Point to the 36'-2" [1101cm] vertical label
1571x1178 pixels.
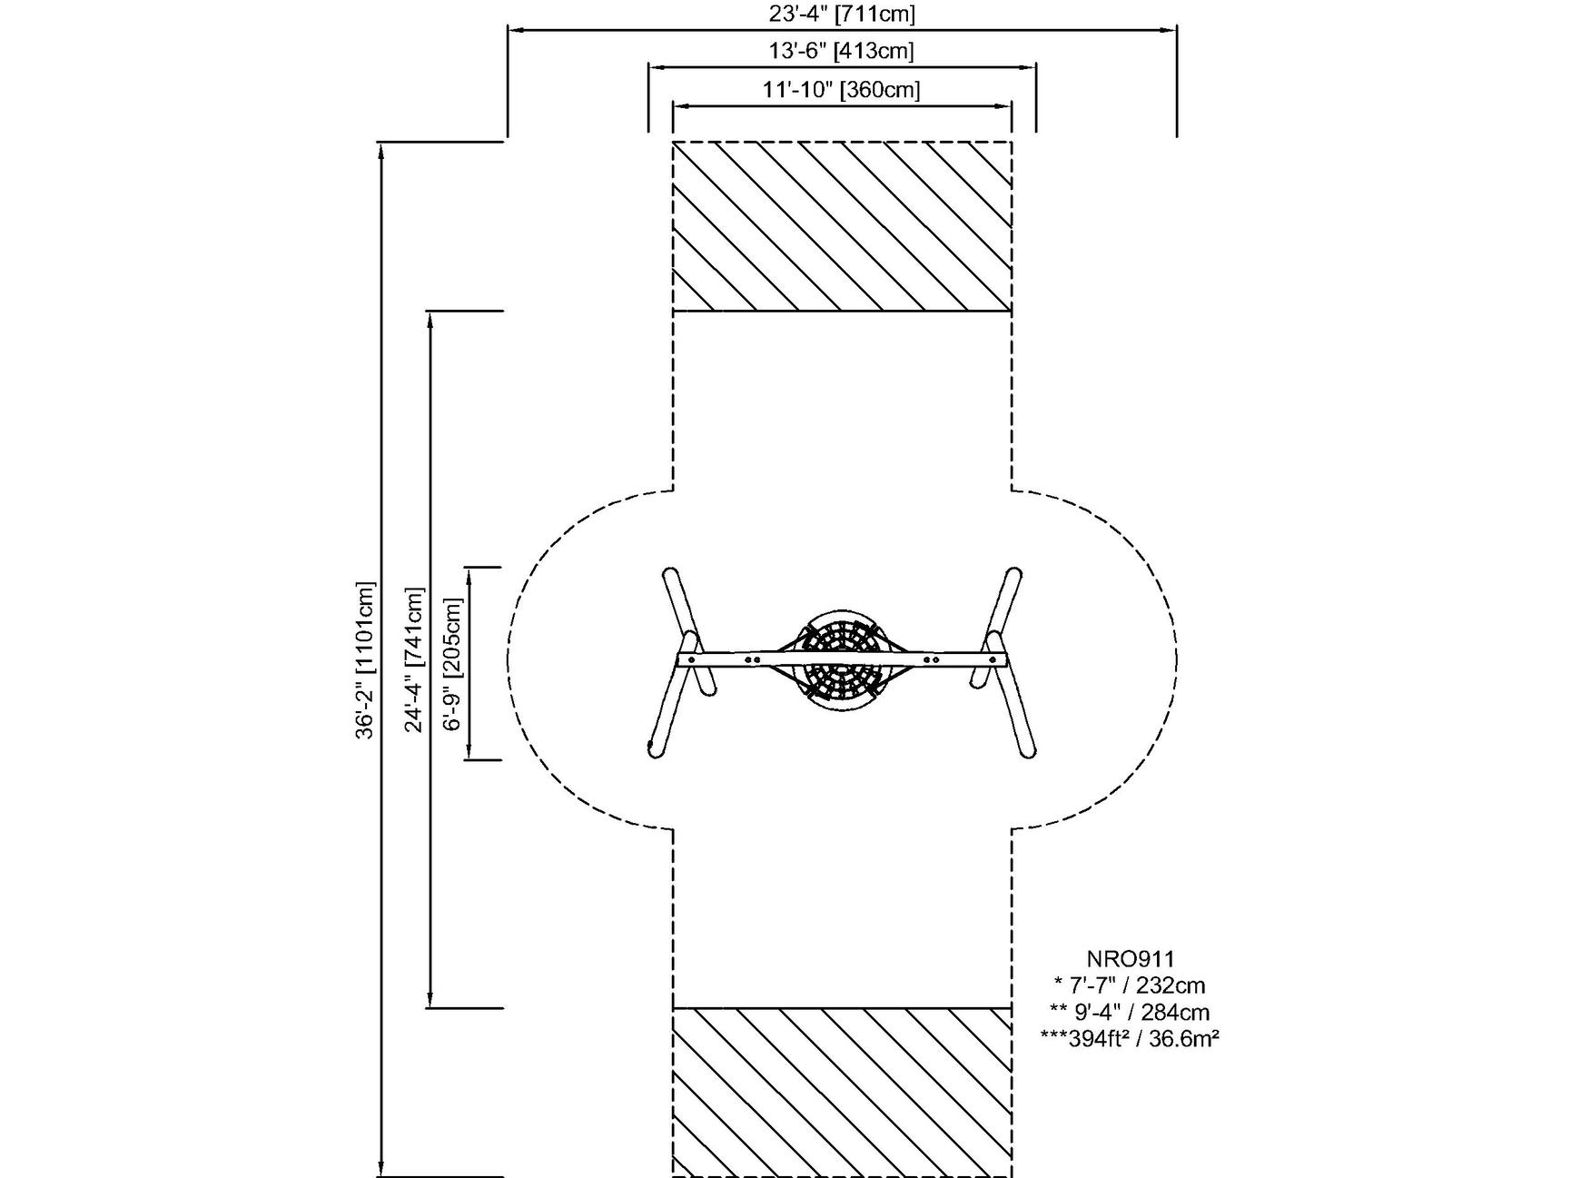tap(365, 659)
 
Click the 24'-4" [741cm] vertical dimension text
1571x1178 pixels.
tap(415, 659)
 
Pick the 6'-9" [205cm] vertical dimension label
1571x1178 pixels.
tap(453, 663)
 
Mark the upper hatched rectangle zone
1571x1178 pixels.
tap(842, 226)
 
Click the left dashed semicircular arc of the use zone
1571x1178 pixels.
tap(510, 660)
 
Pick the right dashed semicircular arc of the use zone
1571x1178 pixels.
tap(1176, 660)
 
